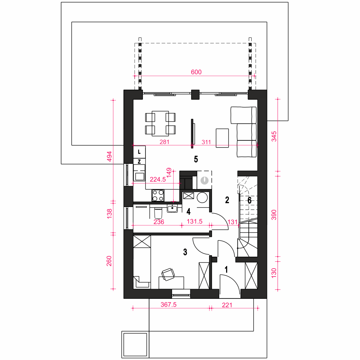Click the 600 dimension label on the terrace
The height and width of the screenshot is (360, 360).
(196, 72)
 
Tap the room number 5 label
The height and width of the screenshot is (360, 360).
(196, 159)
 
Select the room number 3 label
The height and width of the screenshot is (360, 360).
(185, 252)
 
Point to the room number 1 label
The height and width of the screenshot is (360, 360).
(226, 270)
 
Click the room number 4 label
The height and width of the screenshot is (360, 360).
(189, 211)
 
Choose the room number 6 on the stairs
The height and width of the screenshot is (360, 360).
(249, 200)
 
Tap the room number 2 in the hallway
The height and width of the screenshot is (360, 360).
(227, 200)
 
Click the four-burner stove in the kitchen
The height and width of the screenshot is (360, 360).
(158, 195)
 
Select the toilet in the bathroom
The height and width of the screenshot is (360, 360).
(158, 213)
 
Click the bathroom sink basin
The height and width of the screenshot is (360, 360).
(172, 209)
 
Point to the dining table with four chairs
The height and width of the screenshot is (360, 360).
(160, 123)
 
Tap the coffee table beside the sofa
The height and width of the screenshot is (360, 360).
(222, 138)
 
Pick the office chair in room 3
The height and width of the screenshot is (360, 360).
(168, 274)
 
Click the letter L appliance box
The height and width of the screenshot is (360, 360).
(139, 152)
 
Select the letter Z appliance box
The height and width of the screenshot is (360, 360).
(139, 161)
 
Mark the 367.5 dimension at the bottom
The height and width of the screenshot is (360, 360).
(168, 305)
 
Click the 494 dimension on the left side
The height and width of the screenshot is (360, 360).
(109, 156)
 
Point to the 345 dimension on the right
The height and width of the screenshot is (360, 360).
(274, 136)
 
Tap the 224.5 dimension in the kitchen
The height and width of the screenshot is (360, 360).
(158, 179)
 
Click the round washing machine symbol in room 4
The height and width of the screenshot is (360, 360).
(202, 197)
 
